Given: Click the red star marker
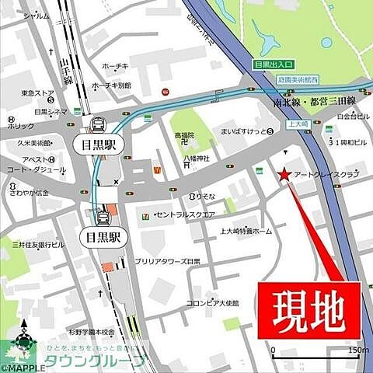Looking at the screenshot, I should pyautogui.click(x=285, y=174).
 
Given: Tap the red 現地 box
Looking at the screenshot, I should pyautogui.click(x=309, y=309).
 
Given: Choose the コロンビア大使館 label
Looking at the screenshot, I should pyautogui.click(x=212, y=302).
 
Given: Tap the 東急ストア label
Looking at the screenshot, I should pyautogui.click(x=38, y=94).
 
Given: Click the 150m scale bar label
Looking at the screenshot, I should pyautogui.click(x=357, y=350).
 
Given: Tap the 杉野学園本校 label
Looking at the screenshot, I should pyautogui.click(x=92, y=332).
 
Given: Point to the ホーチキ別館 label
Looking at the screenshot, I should pyautogui.click(x=113, y=85).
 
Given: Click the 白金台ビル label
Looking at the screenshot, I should pyautogui.click(x=347, y=117).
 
